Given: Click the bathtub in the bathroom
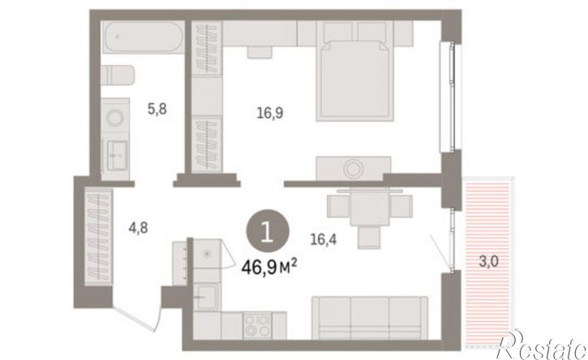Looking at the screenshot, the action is point(143,36).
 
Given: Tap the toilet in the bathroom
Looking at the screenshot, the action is point(118,75).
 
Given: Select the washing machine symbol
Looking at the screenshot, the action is point(115,118).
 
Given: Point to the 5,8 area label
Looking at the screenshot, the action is point(157,109).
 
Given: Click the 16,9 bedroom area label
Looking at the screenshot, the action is point(270,113).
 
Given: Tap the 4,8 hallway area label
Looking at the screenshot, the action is point(138,228).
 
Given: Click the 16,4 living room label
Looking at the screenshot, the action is point(324,239).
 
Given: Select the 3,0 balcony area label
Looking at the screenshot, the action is point(488,261).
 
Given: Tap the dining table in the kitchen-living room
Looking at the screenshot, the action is point(370,207).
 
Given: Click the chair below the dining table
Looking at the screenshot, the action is point(369,237).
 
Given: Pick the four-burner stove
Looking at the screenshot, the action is point(257,326).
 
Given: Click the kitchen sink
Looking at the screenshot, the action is point(207,298).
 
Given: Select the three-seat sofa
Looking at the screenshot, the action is point(370,318).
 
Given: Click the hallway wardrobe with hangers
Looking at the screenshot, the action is point(99,238).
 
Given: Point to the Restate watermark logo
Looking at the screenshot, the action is point(541,345).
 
